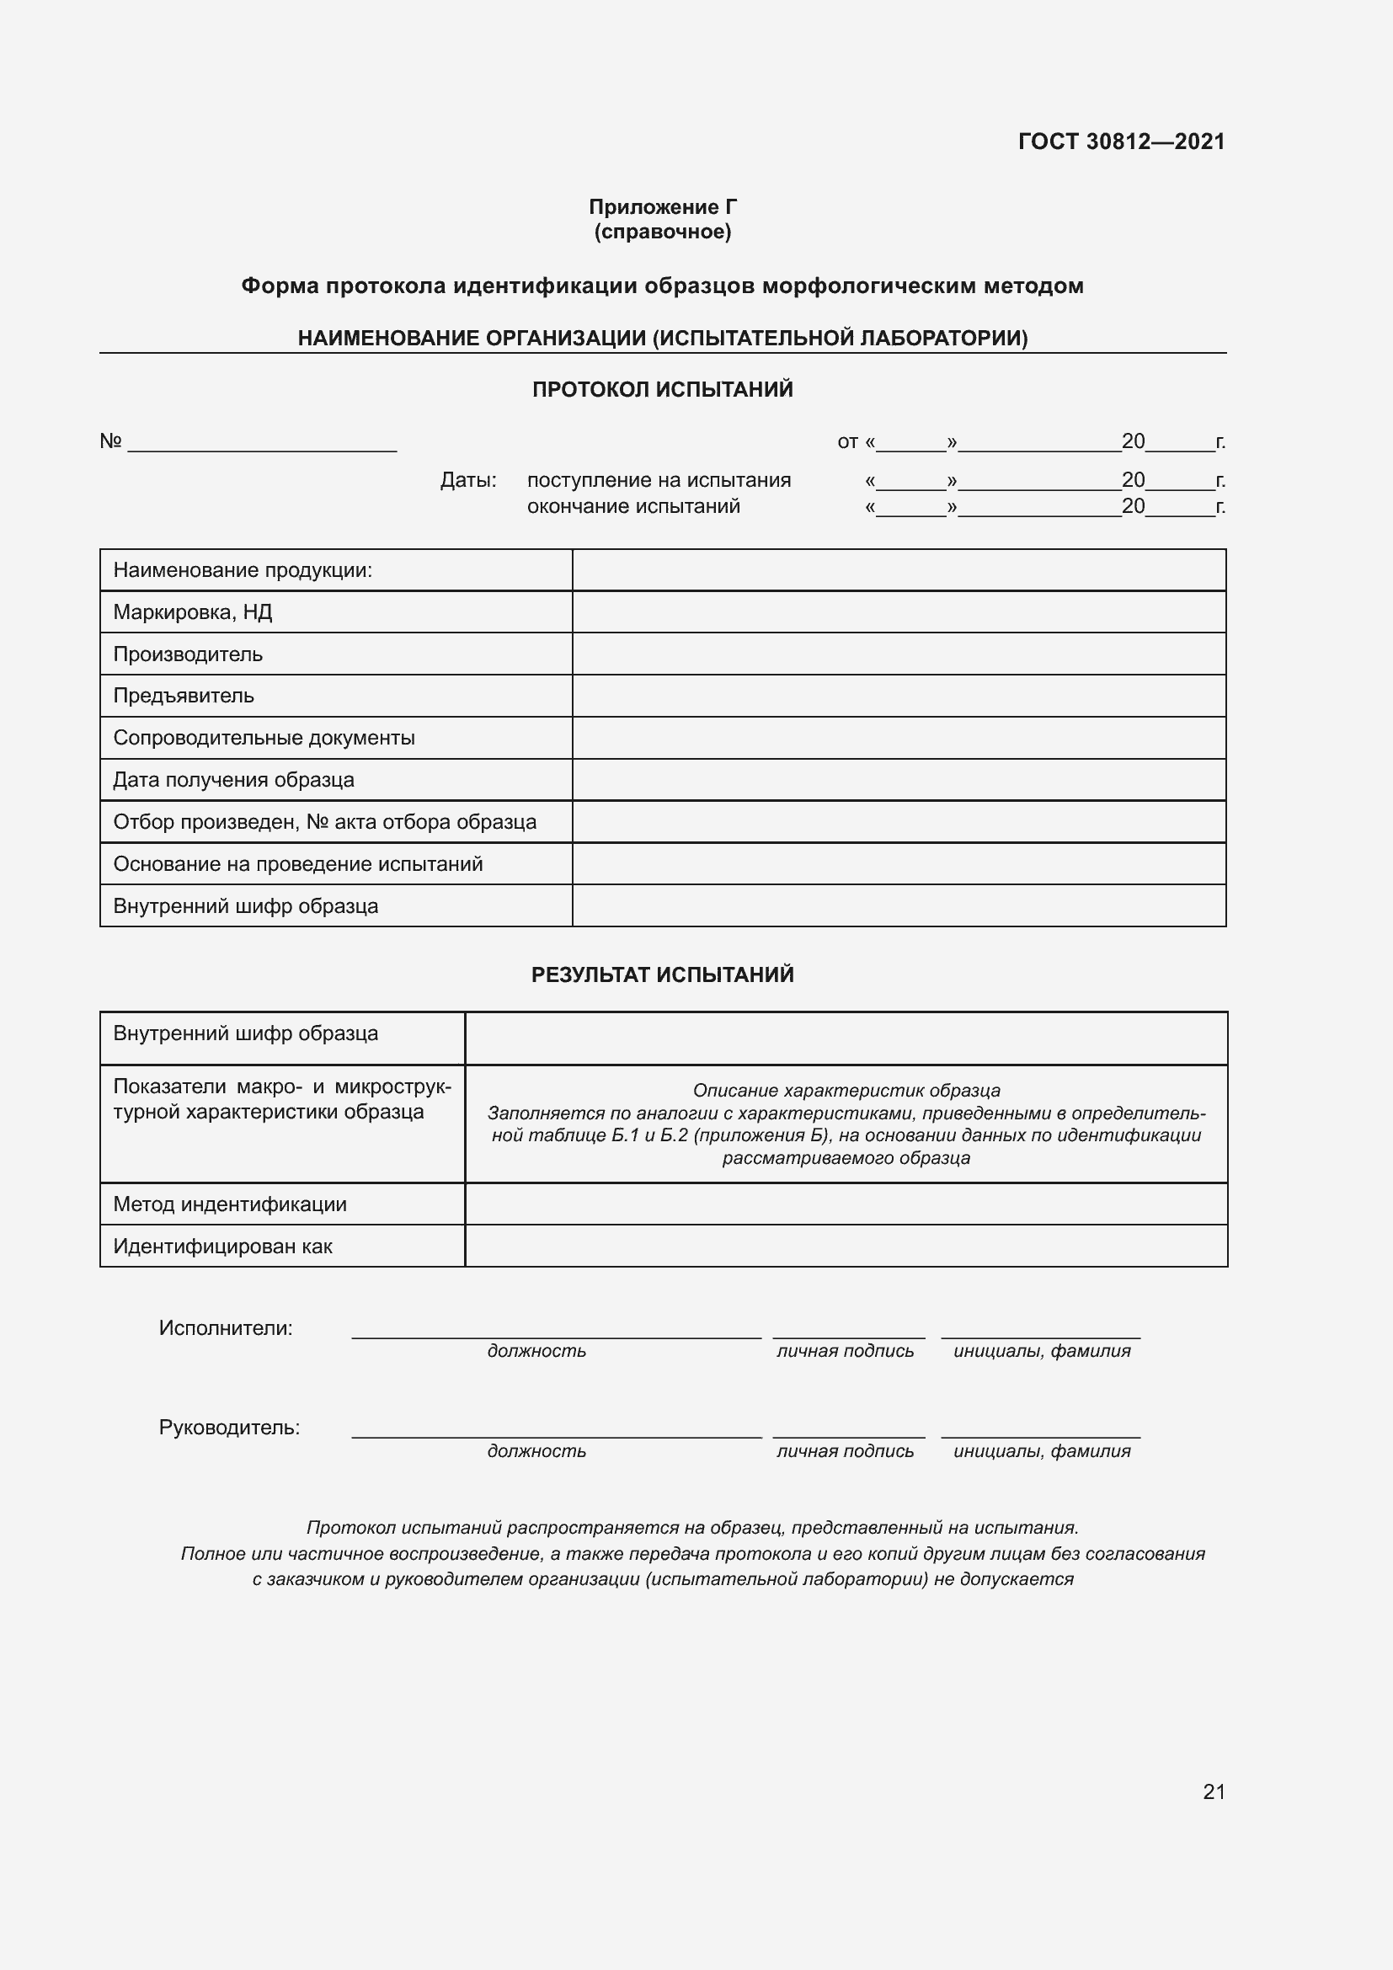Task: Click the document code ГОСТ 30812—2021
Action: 1121,141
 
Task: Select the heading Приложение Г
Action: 662,207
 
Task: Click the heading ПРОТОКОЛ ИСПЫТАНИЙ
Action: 662,390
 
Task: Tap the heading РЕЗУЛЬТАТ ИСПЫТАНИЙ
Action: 662,974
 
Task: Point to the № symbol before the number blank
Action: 110,441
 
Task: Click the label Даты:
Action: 468,479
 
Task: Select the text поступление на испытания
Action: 659,479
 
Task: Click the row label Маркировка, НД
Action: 193,611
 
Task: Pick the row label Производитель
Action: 188,654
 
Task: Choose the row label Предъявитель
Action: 184,696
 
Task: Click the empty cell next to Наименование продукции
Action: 898,569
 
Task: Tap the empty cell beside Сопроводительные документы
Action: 898,738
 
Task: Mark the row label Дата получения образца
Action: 233,780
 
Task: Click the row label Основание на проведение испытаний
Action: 297,864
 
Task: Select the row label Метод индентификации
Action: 230,1204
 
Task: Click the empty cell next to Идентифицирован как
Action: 846,1246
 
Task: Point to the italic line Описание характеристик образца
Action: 846,1091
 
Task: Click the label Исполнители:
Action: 226,1328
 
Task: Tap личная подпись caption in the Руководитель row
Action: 845,1451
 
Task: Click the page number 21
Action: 1214,1791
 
